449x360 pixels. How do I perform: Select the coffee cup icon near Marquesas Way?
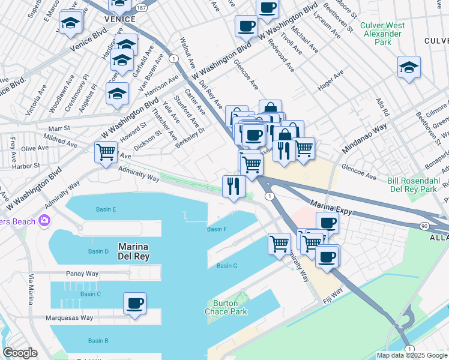[134, 303]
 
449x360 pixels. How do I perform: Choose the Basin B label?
[98, 341]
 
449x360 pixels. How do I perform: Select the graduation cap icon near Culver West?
[409, 68]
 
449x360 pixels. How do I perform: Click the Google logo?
[20, 353]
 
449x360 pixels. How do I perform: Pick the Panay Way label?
[83, 274]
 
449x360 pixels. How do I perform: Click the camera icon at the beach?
[44, 221]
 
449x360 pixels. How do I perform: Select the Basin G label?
[227, 266]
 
